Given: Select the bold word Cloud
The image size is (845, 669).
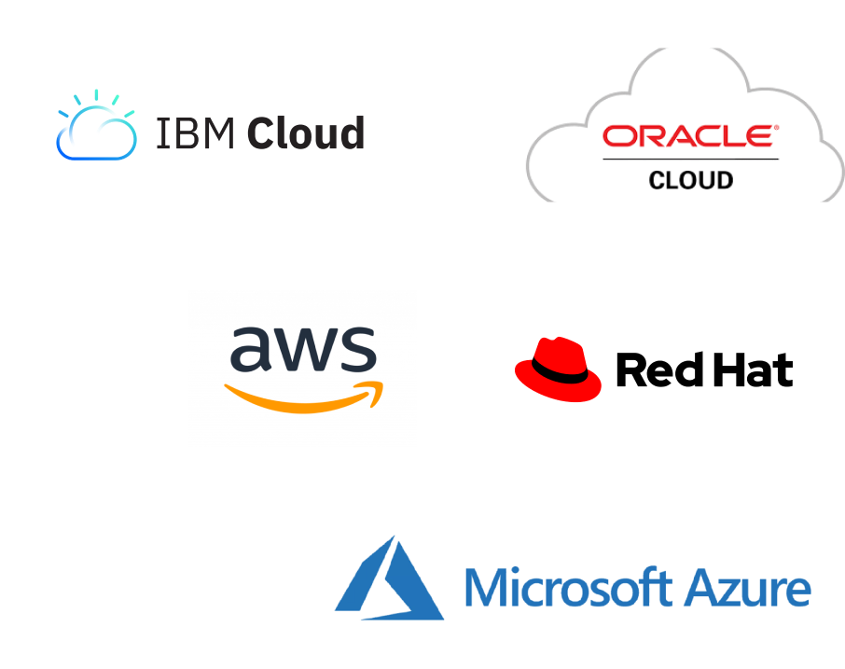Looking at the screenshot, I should point(305,133).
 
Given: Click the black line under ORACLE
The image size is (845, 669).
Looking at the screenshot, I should point(690,160).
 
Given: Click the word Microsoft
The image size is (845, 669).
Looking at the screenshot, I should point(568,588).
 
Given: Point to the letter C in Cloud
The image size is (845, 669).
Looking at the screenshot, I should point(261,133).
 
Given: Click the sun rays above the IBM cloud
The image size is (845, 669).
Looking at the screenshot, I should point(96,98).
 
